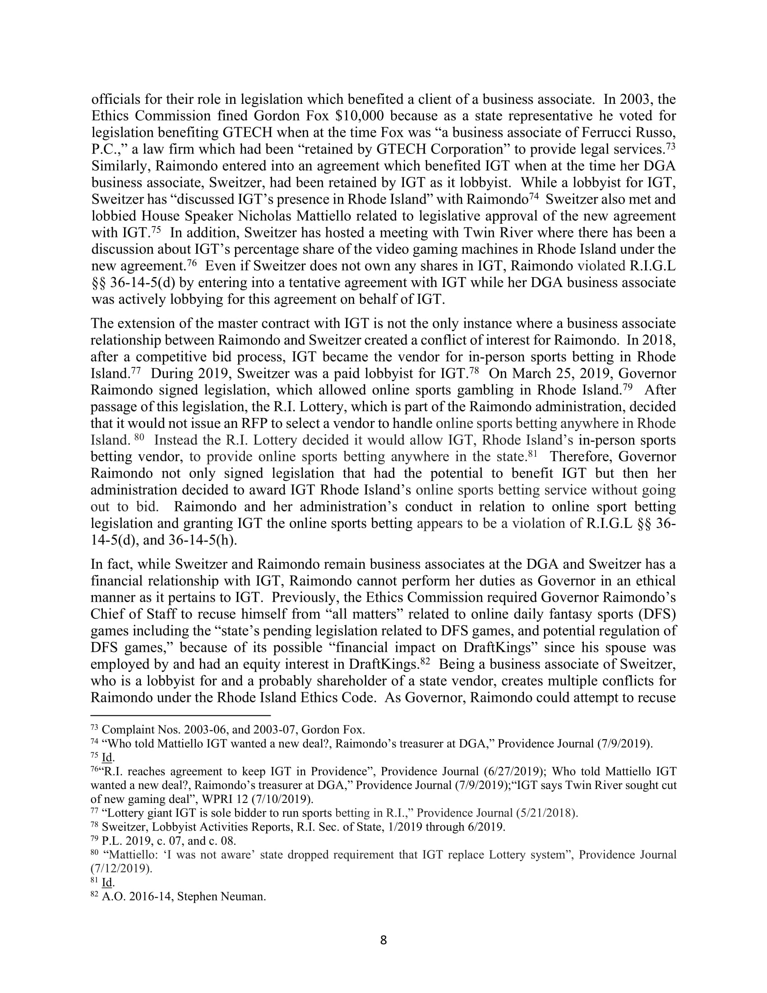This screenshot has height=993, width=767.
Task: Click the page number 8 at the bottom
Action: coord(383,940)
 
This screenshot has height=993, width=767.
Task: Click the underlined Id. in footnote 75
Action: coord(108,757)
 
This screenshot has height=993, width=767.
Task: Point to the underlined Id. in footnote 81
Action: coord(108,882)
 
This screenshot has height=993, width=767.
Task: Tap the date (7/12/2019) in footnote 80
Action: coord(122,868)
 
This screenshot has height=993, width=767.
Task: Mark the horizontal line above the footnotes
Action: coord(180,715)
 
